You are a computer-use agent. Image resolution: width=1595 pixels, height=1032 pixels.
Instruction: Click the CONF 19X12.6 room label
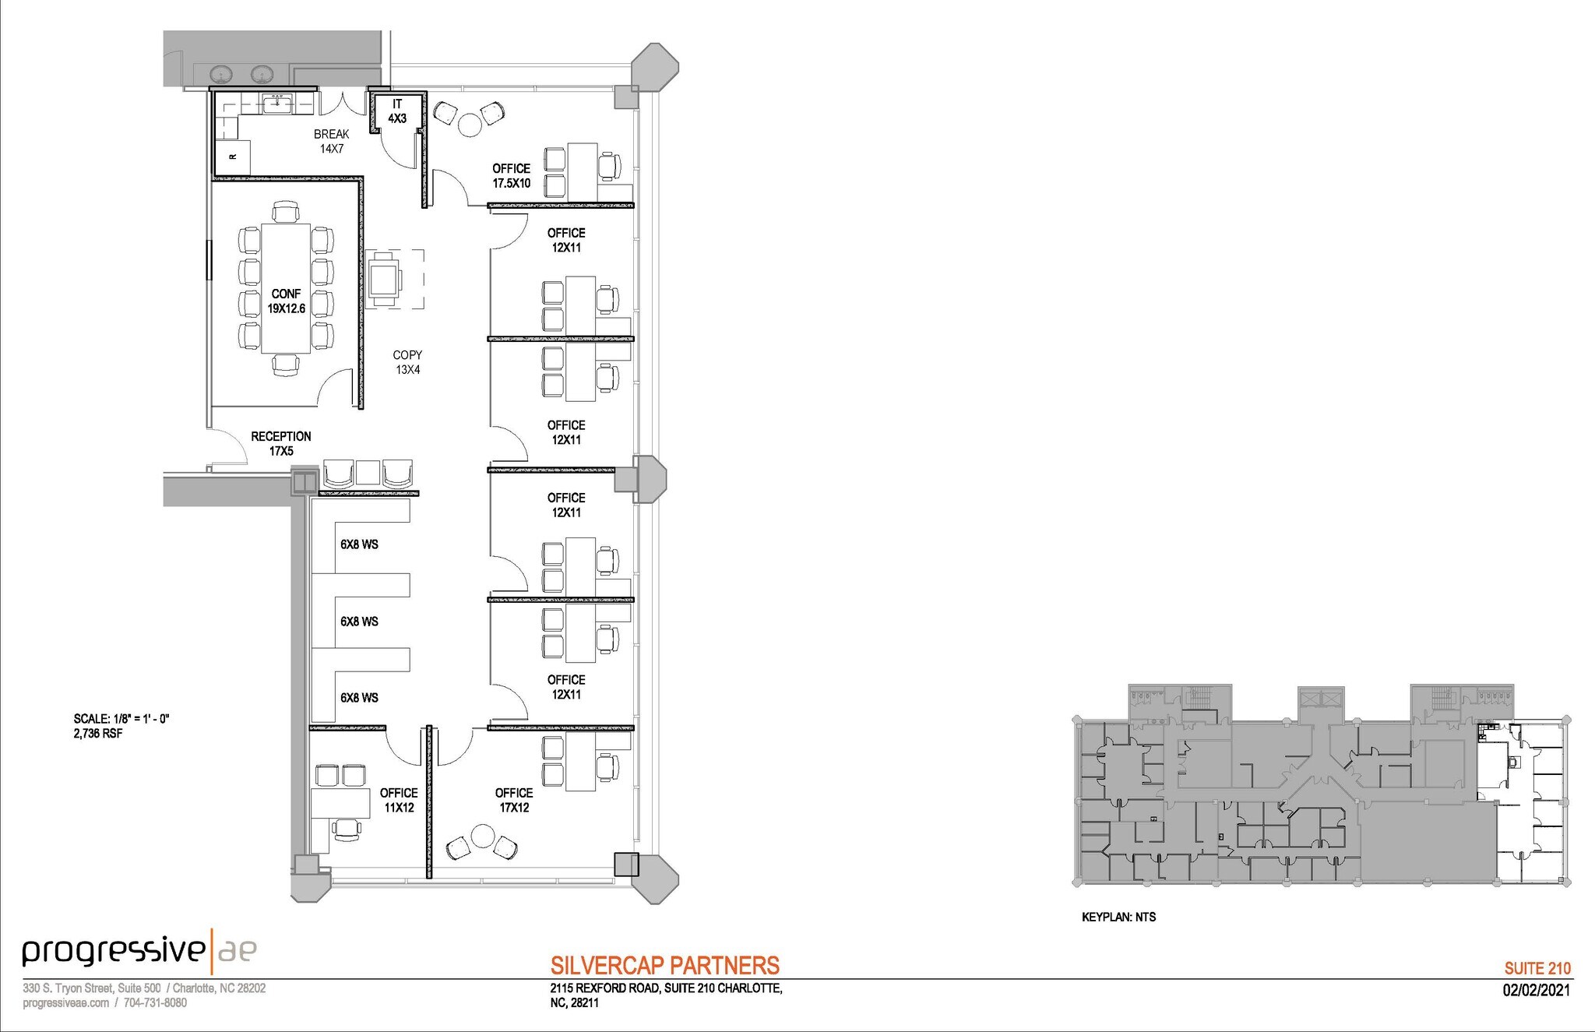(x=286, y=301)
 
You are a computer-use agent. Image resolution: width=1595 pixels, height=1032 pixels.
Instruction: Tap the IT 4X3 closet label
(x=397, y=111)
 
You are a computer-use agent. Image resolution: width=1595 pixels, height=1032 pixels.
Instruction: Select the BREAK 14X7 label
(x=331, y=141)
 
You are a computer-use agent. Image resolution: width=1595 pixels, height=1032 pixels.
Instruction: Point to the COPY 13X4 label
(x=407, y=362)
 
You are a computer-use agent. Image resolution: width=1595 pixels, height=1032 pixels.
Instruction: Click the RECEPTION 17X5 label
(x=280, y=443)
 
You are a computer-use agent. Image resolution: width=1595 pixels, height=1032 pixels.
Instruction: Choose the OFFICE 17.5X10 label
(x=511, y=176)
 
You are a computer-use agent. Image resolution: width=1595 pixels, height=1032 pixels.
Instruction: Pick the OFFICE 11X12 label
(x=399, y=800)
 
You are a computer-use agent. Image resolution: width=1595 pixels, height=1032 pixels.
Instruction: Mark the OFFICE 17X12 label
(x=514, y=800)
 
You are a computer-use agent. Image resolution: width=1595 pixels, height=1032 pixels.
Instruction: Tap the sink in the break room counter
(x=277, y=102)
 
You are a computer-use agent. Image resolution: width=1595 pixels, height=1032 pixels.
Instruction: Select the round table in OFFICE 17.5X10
(x=470, y=125)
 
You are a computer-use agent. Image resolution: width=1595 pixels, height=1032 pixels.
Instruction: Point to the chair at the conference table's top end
(x=286, y=212)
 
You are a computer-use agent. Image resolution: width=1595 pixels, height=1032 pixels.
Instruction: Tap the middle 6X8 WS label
(x=359, y=622)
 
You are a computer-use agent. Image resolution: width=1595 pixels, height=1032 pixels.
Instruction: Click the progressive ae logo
(x=139, y=950)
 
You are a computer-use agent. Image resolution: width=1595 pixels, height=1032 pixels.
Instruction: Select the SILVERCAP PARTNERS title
(x=664, y=966)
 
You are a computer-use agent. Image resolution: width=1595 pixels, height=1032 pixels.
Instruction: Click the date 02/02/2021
(x=1536, y=991)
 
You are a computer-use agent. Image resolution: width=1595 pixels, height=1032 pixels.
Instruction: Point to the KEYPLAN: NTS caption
(x=1118, y=918)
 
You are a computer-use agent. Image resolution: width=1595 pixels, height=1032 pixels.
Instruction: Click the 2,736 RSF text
(x=98, y=734)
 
